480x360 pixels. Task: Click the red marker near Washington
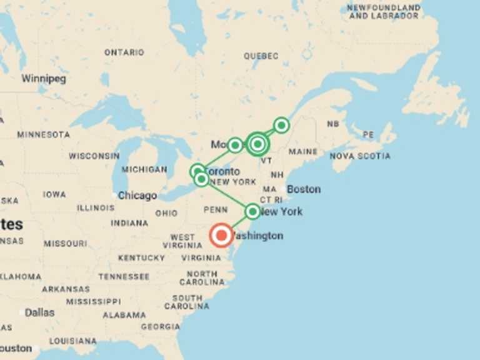coord(221,236)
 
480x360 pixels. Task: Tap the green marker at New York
coord(252,211)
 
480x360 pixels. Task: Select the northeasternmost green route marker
coord(281,126)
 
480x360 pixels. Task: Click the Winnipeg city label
coord(44,79)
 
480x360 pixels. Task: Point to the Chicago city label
coord(137,196)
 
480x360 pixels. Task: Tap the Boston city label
coord(304,189)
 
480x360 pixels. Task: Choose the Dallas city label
coord(39,312)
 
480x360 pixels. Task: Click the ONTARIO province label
coord(124,52)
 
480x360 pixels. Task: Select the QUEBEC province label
coord(261,56)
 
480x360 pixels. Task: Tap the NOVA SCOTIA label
coord(360,156)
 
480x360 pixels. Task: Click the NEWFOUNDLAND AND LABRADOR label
coord(384,11)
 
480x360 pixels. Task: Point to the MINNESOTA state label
coord(44,134)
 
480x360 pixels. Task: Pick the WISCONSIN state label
coord(94,156)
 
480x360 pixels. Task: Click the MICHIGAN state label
coord(144,169)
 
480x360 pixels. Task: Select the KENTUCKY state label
coord(142,257)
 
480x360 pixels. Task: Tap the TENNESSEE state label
coord(124,276)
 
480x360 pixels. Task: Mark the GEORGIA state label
coord(161,326)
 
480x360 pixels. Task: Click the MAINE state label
coord(303,152)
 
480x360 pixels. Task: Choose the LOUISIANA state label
coord(73,341)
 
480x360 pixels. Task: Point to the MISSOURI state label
coord(65,243)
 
